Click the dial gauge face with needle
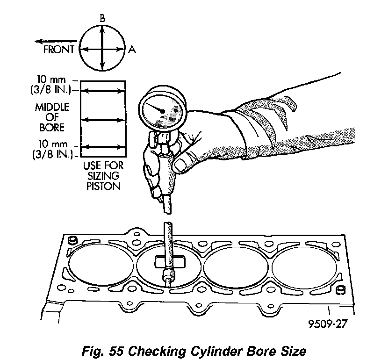[x=162, y=110]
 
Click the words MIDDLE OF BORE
[x=52, y=117]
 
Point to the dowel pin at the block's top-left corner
[x=72, y=240]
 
